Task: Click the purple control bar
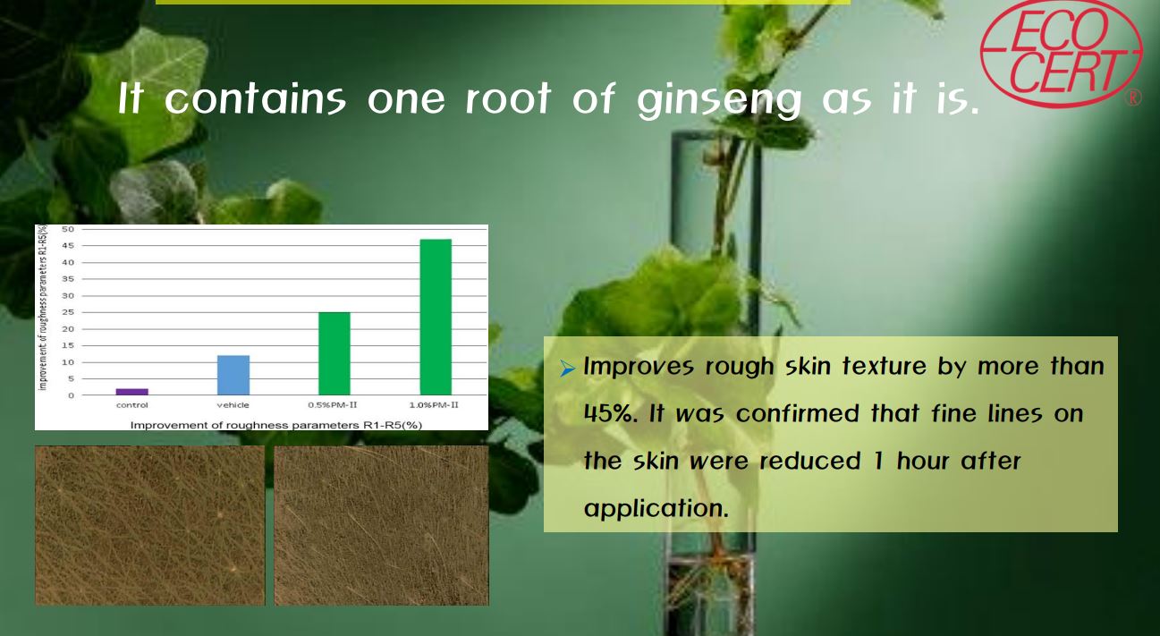[132, 392]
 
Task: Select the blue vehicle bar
[233, 375]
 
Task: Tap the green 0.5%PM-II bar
[334, 353]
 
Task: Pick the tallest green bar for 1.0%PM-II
[436, 317]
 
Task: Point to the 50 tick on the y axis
[68, 229]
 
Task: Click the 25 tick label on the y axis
[68, 312]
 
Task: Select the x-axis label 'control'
[132, 405]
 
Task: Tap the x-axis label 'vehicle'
[233, 405]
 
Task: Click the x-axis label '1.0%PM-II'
[434, 405]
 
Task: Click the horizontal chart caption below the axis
[276, 425]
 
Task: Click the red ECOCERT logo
[1062, 53]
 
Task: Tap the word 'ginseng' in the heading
[719, 100]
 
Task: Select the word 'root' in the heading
[508, 98]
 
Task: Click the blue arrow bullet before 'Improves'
[567, 369]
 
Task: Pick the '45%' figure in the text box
[611, 413]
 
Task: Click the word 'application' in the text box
[656, 508]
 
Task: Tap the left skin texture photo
[149, 525]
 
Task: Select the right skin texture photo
[381, 525]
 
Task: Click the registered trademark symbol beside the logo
[1133, 98]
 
